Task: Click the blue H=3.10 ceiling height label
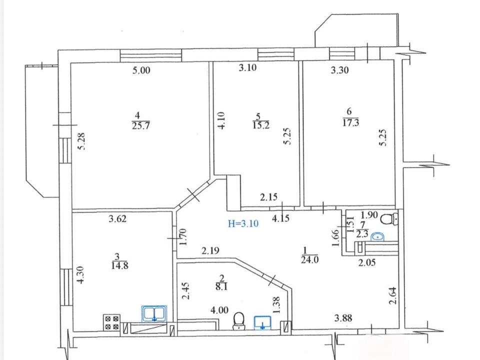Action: pos(243,223)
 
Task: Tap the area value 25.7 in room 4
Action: pos(140,125)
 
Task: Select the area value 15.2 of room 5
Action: pos(261,125)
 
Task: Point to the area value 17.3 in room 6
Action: pos(350,123)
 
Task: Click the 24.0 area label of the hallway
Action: pos(310,259)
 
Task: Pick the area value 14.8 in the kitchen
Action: pos(119,265)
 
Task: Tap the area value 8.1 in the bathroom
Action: pos(221,287)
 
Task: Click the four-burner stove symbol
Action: pos(111,322)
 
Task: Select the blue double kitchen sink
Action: pos(154,313)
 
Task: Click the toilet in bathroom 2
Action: pos(239,321)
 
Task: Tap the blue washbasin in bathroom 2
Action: pos(262,322)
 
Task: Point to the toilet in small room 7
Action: pos(389,218)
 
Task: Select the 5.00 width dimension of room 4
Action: pos(141,70)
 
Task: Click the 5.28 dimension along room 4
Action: pos(81,141)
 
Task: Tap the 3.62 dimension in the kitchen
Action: pos(117,219)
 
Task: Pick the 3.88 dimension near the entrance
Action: pos(343,318)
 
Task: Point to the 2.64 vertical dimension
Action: pos(393,295)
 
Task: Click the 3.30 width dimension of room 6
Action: pos(340,70)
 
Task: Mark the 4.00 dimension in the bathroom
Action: pos(219,310)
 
